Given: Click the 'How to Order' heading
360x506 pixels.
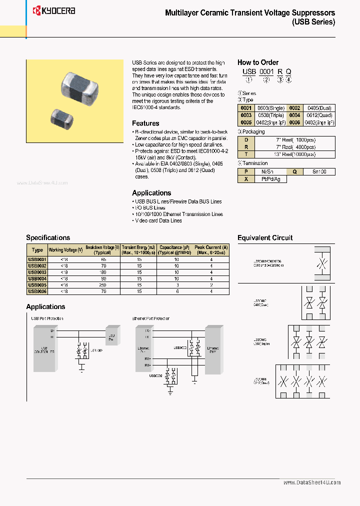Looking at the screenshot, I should pos(257,62).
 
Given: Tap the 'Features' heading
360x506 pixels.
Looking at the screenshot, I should pos(145,123).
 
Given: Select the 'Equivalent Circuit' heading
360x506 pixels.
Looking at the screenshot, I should pos(265,237).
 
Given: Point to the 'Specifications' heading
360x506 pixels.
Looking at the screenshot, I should pos(48,237).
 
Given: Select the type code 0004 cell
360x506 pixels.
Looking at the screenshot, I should pos(294,115).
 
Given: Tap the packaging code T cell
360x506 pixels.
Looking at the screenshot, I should pos(246,154).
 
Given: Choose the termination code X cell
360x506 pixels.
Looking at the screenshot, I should pos(246,178).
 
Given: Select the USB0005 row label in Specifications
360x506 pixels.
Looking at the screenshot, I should pos(37,285).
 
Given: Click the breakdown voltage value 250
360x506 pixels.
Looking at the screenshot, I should pos(102,285).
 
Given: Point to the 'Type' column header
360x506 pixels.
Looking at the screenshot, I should pos(37,250).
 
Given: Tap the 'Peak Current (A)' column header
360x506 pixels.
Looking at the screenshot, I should pos(211,250).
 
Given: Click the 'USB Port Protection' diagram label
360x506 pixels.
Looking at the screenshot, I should pos(47,318).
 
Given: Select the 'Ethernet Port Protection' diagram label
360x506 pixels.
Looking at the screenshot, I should pos(150,318).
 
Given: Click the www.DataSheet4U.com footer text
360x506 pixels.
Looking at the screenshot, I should pos(312,482).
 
